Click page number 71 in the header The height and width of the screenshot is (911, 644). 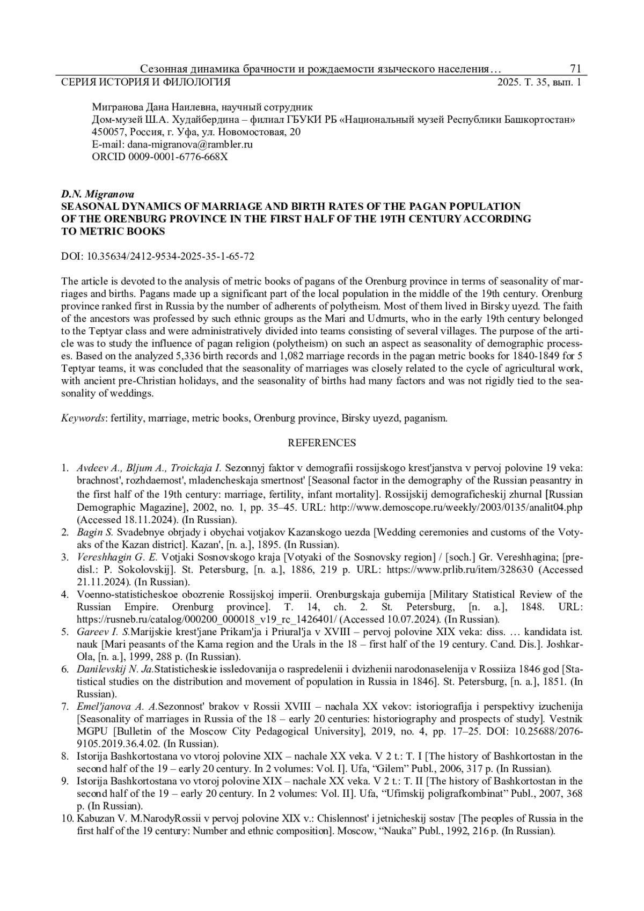click(575, 69)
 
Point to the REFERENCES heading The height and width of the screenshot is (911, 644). click(321, 443)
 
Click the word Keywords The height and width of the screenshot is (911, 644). click(83, 418)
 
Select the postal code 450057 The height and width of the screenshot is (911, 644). click(107, 132)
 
